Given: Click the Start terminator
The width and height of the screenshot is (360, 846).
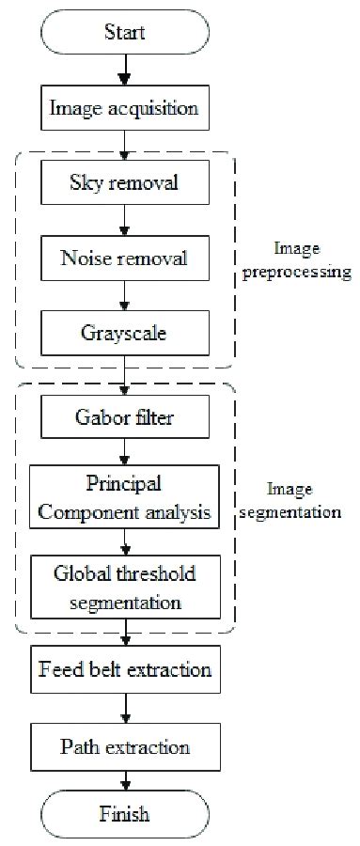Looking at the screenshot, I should click(125, 33).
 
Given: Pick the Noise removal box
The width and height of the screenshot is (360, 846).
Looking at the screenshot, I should click(125, 256).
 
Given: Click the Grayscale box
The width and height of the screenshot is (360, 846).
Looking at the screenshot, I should click(125, 331).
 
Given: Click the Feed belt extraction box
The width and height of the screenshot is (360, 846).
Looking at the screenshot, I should click(125, 670).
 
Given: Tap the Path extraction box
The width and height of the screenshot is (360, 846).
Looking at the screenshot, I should click(125, 747).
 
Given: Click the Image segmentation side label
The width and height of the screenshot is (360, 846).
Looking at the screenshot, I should click(301, 502).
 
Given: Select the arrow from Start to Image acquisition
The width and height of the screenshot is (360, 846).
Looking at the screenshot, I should click(125, 71).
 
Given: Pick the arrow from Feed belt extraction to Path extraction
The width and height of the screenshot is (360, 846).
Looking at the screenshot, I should click(125, 709).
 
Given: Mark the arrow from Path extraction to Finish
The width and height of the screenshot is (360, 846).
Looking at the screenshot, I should click(125, 781).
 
